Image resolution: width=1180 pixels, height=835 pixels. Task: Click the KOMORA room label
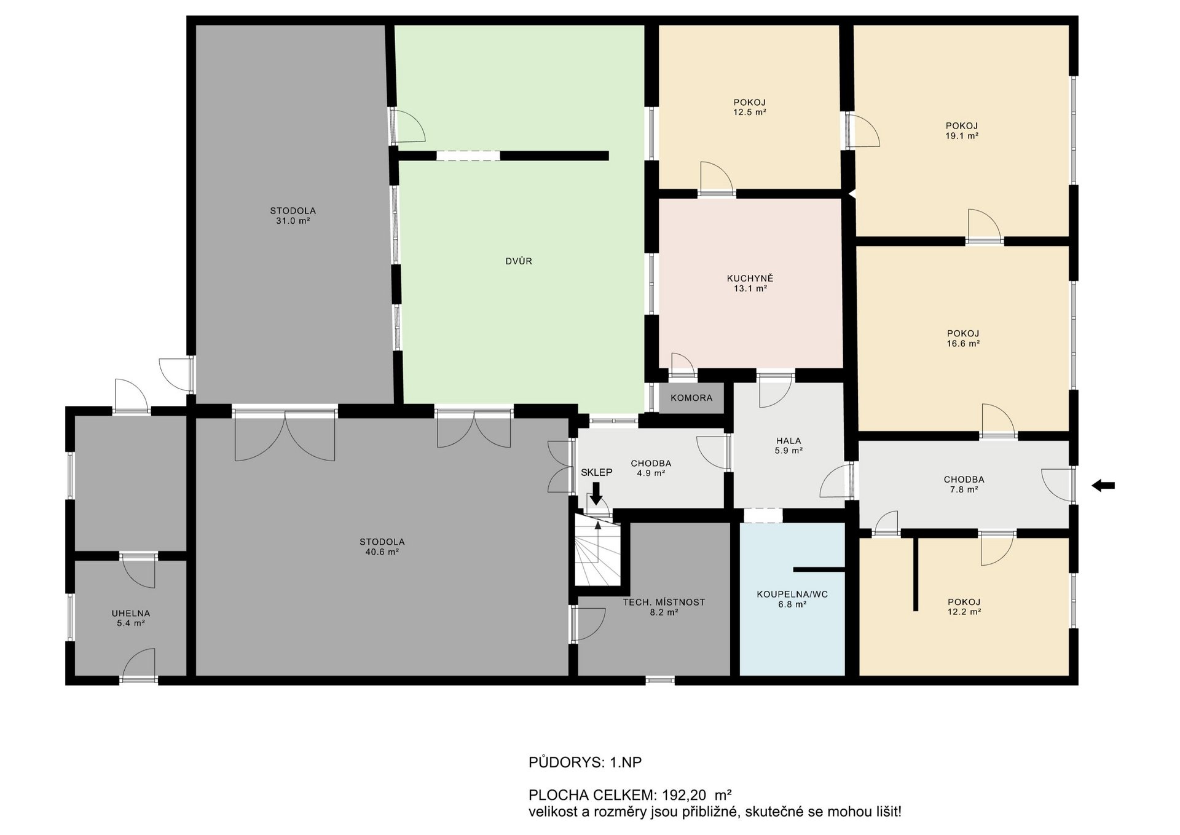coord(691,398)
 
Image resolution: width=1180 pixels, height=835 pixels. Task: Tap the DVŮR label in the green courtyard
coord(519,261)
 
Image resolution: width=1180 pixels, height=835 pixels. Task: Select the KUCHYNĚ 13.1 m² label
coord(750,283)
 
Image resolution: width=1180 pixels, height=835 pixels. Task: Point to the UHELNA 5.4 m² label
coord(130,618)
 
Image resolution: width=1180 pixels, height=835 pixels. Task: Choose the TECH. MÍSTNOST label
coord(664,603)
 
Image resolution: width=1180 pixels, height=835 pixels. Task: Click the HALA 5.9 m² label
coord(789,445)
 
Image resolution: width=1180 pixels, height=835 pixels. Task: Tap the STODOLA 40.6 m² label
coord(382,547)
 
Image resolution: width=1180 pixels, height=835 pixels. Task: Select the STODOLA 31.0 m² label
coord(293,215)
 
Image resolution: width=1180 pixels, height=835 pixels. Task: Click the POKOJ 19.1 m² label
coord(962,130)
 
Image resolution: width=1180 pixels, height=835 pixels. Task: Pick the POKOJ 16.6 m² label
coord(963,339)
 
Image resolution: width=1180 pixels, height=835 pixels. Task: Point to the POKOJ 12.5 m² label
coord(750,107)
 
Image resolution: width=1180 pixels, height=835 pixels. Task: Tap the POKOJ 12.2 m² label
coord(964,607)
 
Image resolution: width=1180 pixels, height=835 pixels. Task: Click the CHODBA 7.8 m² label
coord(964,485)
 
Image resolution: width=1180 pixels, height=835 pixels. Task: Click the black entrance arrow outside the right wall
coord(1103,486)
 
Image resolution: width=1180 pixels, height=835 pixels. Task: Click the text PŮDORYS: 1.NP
coord(585,762)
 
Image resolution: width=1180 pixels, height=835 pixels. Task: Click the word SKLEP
coord(597,472)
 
